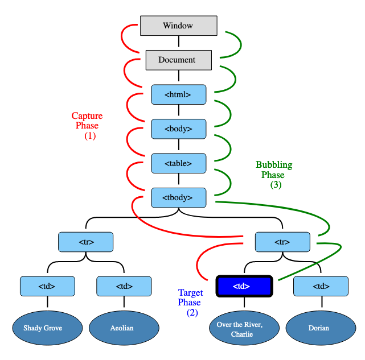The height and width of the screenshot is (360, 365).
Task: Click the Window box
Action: [x=178, y=26]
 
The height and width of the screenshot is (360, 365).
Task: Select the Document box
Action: [x=178, y=60]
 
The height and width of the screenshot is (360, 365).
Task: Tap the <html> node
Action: [x=178, y=94]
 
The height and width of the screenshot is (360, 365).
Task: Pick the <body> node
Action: [x=178, y=129]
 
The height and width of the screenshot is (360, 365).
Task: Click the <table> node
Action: [x=178, y=163]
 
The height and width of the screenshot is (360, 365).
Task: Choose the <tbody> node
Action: [x=178, y=197]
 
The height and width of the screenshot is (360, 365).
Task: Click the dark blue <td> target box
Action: [x=244, y=286]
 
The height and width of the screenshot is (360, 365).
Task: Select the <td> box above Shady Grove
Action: [x=47, y=286]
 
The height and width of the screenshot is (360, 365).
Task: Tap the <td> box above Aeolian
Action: [x=124, y=286]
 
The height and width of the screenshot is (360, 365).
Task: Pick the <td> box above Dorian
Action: [x=321, y=286]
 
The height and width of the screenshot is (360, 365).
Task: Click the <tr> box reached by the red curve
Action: [x=282, y=242]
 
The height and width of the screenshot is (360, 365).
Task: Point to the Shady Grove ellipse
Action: [x=43, y=328]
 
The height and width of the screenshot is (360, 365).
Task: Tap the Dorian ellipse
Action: [x=319, y=328]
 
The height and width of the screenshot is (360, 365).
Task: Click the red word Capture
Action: [x=87, y=116]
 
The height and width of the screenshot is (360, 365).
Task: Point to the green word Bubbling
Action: [x=274, y=165]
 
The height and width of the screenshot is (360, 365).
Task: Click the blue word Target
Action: [x=190, y=293]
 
